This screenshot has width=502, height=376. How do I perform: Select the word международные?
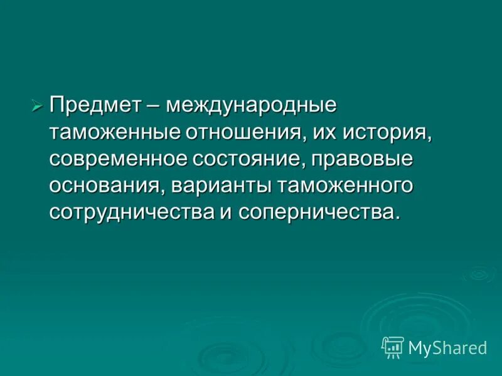[252, 105]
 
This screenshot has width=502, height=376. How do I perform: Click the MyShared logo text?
[447, 347]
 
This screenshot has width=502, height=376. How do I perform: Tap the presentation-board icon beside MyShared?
[392, 347]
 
